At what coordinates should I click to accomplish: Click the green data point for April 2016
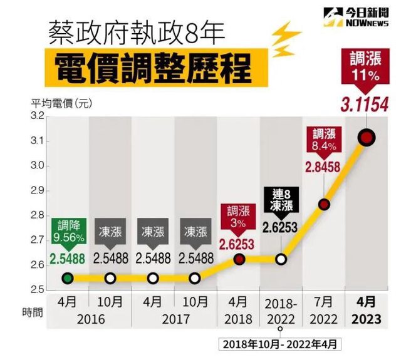(68, 278)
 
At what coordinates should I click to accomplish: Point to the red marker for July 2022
(324, 204)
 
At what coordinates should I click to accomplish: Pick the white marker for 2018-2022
(281, 259)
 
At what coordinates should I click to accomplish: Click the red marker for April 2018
(239, 259)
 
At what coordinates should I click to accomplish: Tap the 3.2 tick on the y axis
(37, 116)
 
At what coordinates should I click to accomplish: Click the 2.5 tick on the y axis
(37, 290)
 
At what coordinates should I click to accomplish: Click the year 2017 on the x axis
(174, 319)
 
